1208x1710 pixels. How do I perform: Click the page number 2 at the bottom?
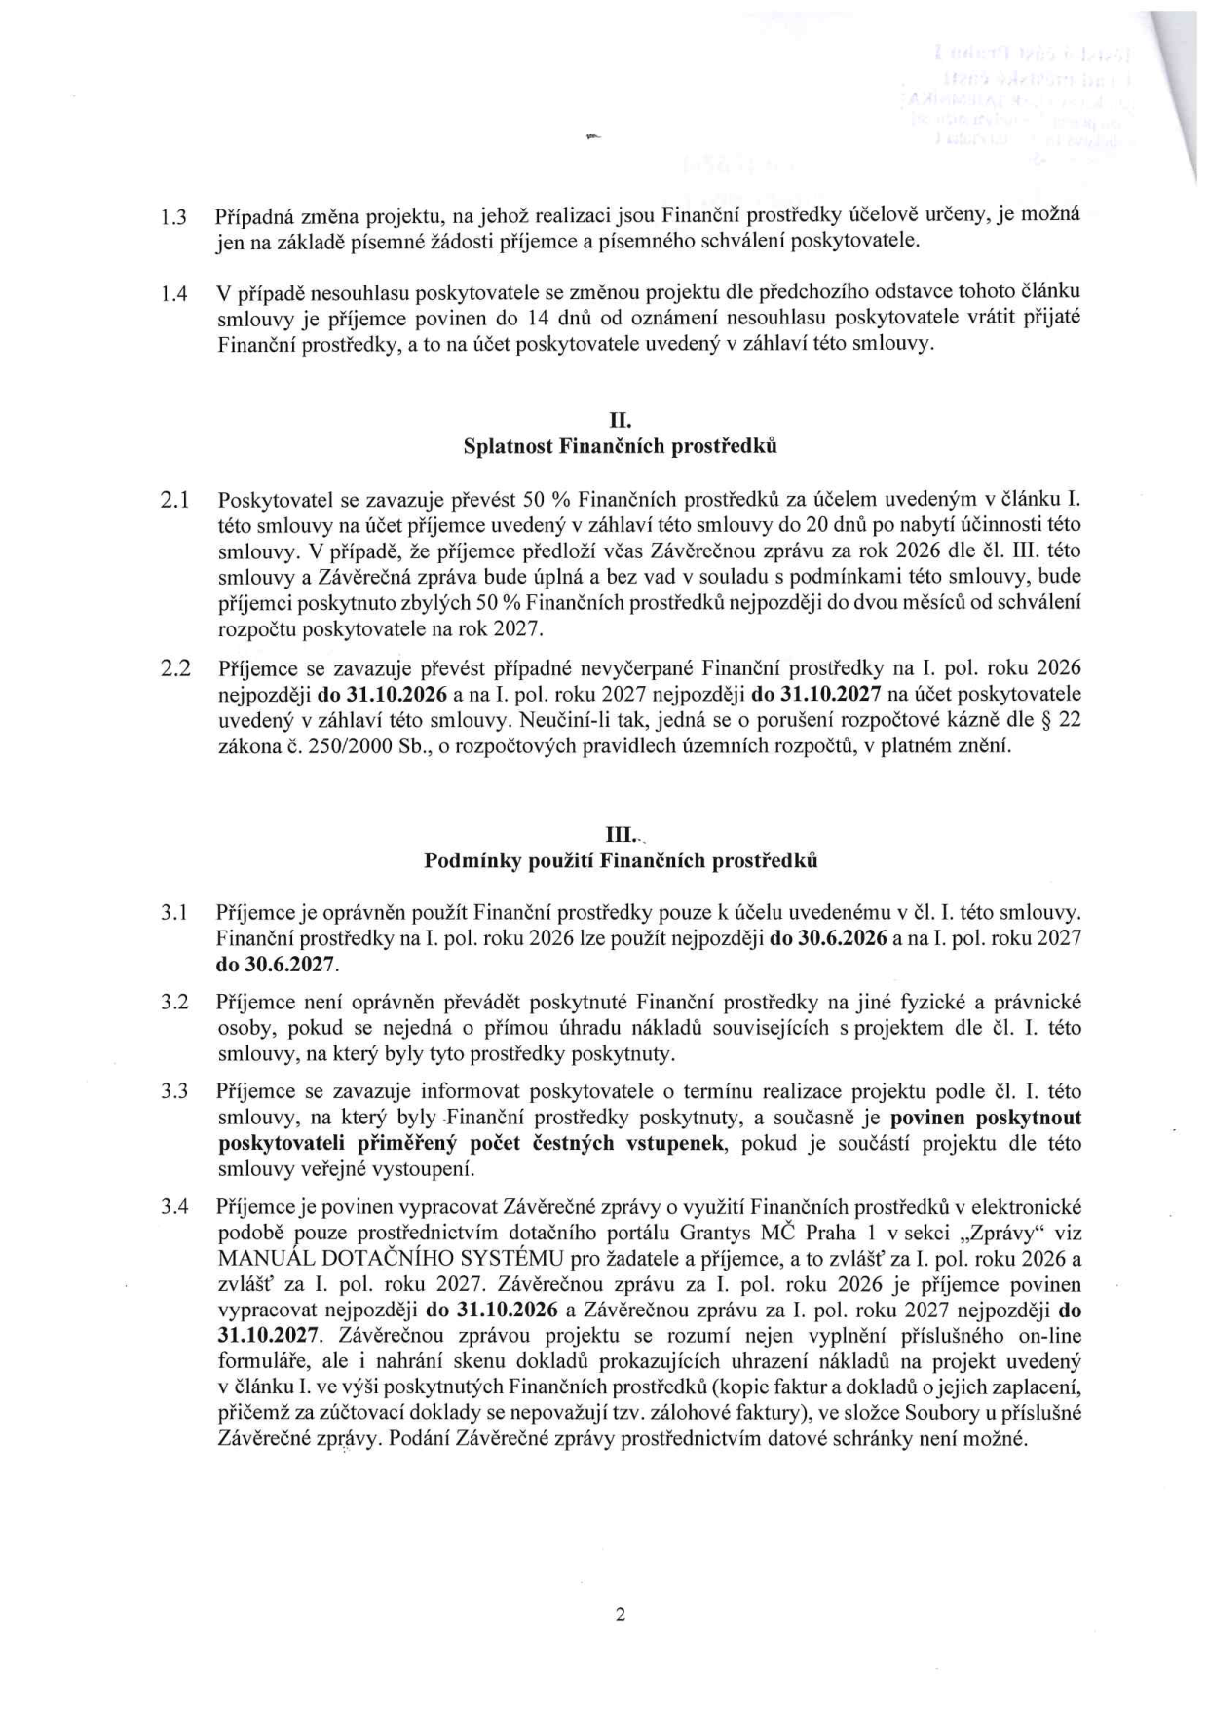tap(620, 1615)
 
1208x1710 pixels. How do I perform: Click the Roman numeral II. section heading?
tap(620, 421)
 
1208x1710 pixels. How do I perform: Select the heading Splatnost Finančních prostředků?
tap(620, 447)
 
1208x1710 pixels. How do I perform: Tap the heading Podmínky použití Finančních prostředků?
tap(620, 861)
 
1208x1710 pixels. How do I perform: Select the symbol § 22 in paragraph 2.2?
tap(1062, 721)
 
